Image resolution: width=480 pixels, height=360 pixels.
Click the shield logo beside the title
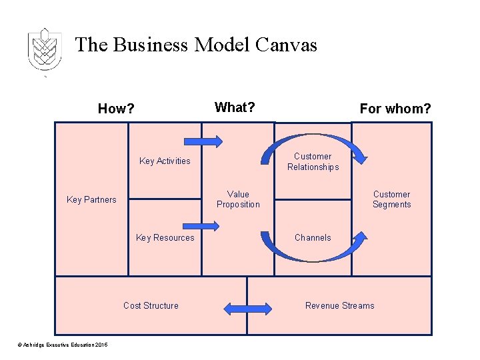pos(45,50)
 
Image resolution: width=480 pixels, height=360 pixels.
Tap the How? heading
pos(116,109)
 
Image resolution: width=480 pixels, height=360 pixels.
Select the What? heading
pos(235,107)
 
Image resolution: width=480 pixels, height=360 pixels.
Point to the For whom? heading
pos(395,109)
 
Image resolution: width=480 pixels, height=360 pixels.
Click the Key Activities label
pos(165,161)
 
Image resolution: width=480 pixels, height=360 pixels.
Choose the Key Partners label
pos(91,199)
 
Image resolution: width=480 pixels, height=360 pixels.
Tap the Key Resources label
pos(165,237)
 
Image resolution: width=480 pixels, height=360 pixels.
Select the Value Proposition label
pos(238,199)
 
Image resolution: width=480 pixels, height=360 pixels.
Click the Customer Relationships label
pos(313,162)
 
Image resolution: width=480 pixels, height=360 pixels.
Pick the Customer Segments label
pos(391,199)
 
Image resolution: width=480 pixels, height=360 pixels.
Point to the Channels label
pos(313,237)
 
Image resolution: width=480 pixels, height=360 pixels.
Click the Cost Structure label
pos(151,305)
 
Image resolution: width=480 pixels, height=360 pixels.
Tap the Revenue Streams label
pos(339,305)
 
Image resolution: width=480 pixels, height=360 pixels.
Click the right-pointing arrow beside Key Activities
pos(203,141)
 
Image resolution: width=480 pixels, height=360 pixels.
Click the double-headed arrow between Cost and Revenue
pos(247,308)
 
